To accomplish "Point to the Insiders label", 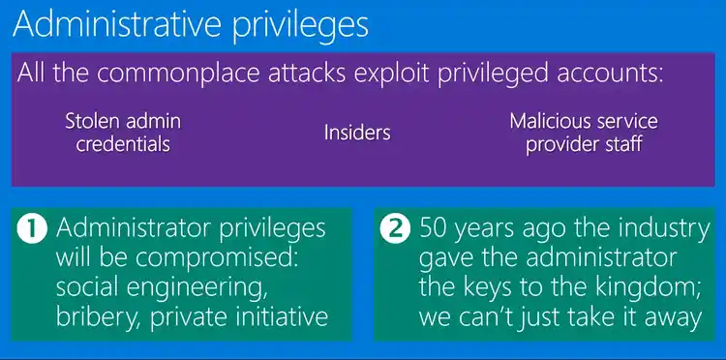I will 357,132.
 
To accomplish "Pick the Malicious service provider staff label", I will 584,133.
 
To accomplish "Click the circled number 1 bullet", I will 34,229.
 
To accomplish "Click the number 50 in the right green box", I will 436,229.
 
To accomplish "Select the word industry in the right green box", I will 646,229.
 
